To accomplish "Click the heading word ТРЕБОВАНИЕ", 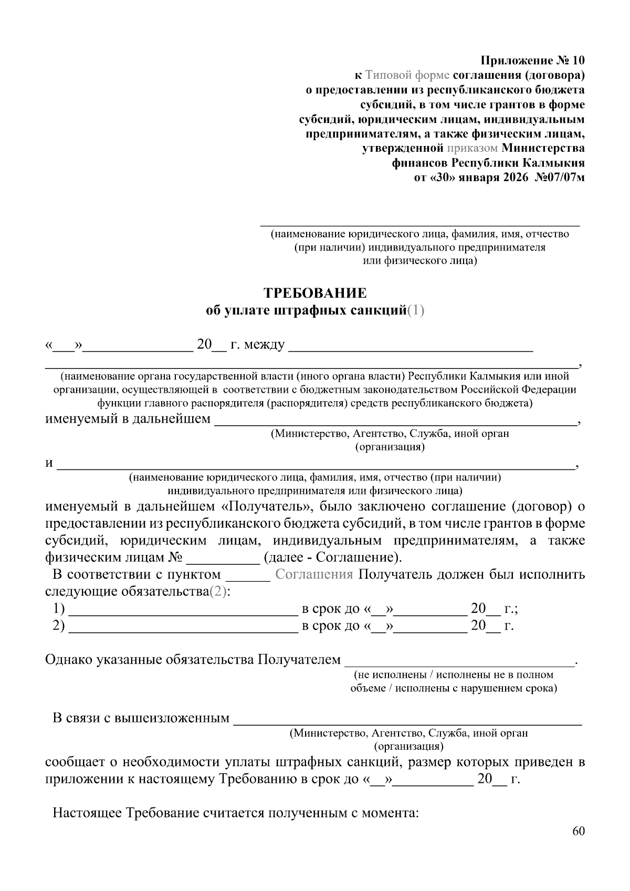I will point(314,292).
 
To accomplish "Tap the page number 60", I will point(579,831).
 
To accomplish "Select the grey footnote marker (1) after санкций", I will point(416,310).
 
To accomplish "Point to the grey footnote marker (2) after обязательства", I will point(218,591).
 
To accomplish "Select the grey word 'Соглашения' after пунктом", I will point(314,574).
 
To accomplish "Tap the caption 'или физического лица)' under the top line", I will point(420,260).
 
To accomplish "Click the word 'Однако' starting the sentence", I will point(69,659).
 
